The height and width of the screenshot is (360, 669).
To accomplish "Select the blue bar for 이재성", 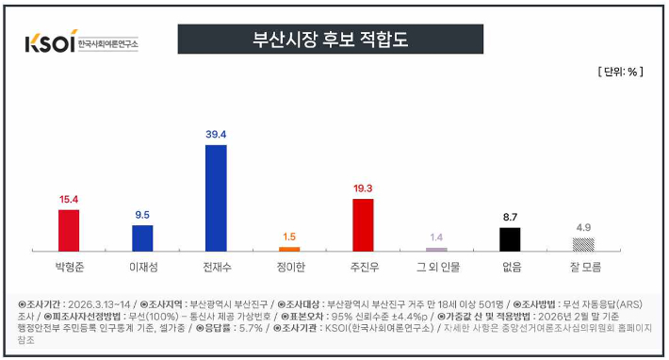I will point(142,237).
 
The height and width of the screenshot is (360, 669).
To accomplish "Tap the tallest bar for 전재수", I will point(216,197).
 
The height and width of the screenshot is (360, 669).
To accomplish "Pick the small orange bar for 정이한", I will point(289,249).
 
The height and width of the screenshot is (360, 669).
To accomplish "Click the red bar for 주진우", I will point(363,224).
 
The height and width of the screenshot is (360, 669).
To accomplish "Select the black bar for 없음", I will point(510,238).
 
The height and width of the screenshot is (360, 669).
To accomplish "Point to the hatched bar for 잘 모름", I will point(583,243).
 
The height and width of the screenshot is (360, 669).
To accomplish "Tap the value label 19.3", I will point(363,188).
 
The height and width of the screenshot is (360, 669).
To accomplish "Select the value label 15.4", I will point(69,200).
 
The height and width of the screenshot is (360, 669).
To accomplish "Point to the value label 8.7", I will point(510,217).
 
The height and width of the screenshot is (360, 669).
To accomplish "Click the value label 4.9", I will point(583,227).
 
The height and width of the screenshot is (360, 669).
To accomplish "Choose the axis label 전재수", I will point(216,267).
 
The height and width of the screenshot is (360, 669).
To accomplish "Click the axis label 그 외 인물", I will point(436,267).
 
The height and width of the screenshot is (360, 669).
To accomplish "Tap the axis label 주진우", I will point(363,267).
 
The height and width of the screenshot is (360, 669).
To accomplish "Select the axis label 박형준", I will point(69,267).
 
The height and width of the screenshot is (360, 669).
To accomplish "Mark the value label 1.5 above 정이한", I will point(289,237).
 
